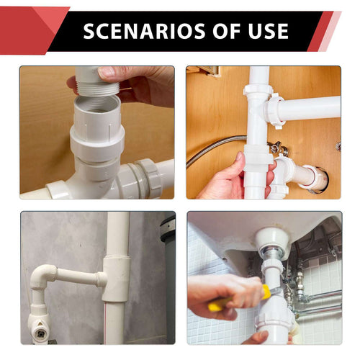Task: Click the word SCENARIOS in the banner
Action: point(136,31)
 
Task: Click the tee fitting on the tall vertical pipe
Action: point(115,277)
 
